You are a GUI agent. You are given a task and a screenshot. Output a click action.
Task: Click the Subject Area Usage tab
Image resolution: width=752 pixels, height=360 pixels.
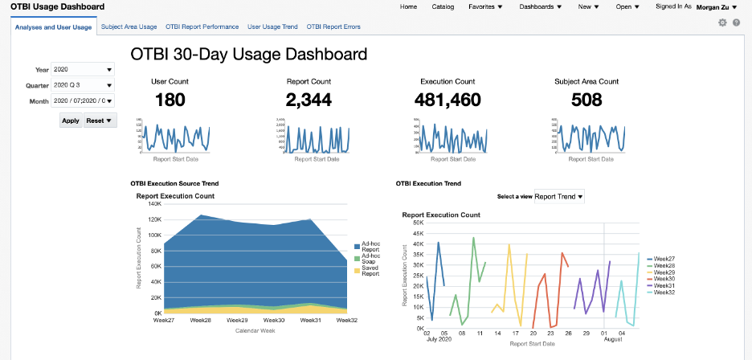[x=129, y=27]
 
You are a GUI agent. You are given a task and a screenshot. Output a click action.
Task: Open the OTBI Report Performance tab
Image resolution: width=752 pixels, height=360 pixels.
[x=202, y=27]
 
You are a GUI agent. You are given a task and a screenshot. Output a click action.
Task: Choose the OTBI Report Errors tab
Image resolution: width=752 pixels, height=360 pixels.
[x=333, y=27]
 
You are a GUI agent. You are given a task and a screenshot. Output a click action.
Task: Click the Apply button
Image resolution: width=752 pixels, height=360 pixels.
[x=71, y=120]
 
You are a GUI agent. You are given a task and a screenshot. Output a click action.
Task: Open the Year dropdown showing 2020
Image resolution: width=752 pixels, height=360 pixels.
[x=83, y=70]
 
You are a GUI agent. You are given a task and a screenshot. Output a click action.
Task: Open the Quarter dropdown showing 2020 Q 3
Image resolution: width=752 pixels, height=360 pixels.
[x=83, y=85]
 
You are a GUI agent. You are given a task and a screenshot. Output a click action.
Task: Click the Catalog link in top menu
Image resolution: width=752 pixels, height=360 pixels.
[x=443, y=6]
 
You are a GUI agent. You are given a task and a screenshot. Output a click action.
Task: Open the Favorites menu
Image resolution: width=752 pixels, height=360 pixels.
[x=485, y=6]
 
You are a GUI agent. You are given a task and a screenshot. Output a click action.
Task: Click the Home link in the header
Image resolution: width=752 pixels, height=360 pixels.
[x=408, y=6]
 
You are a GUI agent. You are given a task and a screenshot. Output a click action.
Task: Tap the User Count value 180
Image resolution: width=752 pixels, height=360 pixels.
[x=169, y=100]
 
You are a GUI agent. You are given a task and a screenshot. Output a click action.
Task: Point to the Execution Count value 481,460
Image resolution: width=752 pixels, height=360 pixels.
[x=448, y=100]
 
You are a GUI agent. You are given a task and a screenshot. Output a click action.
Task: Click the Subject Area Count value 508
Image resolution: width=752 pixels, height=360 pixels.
[x=586, y=100]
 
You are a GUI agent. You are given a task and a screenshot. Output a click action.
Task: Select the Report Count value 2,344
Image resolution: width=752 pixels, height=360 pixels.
[x=309, y=100]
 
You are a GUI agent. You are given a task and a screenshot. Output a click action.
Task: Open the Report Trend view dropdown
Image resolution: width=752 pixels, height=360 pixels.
[x=559, y=196]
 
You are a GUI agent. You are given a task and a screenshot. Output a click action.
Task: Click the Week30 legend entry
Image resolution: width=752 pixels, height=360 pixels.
[x=664, y=279]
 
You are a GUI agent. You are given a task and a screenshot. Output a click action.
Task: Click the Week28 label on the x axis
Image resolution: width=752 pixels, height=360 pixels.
[x=201, y=320]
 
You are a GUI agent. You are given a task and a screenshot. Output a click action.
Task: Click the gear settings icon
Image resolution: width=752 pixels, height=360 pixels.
[x=722, y=22]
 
